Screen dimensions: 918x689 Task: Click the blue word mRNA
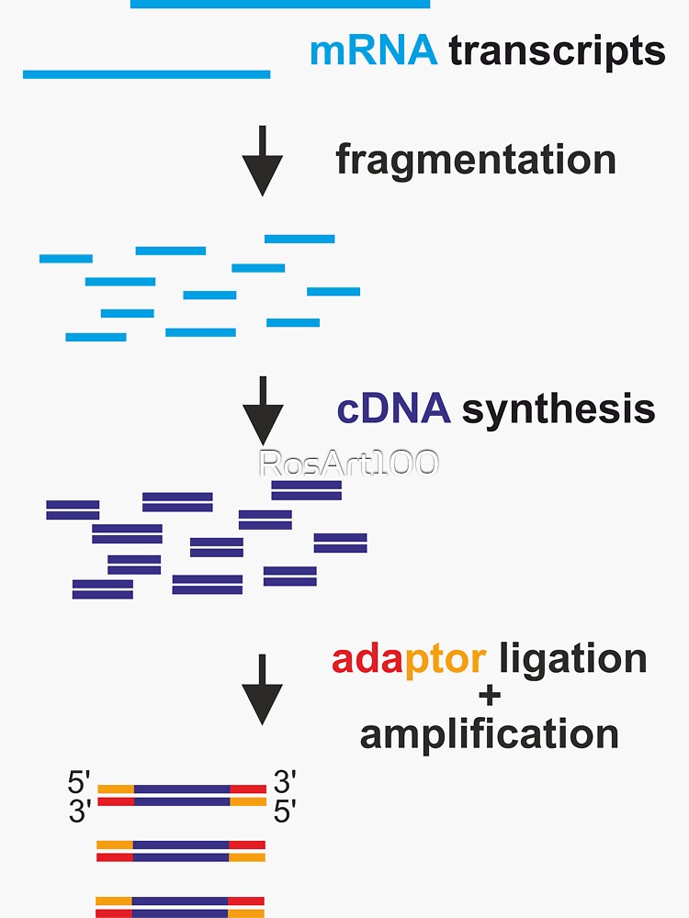pos(373,50)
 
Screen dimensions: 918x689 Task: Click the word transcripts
pos(557,51)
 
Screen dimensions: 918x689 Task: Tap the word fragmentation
pos(475,160)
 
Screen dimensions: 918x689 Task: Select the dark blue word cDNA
pos(394,409)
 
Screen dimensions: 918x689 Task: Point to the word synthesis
pos(559,409)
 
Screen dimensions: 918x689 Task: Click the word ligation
pos(572,659)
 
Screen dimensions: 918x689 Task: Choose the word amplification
pos(489,734)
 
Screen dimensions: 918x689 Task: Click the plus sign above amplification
pos(490,697)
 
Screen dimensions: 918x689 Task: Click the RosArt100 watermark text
pos(349,464)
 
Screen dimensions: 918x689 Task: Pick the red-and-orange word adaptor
pos(409,659)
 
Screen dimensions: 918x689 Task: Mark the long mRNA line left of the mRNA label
pos(146,74)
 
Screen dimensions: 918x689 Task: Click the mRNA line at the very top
pos(280,5)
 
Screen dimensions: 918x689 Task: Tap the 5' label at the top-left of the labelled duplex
pos(80,783)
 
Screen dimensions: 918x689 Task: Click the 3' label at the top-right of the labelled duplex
pos(285,783)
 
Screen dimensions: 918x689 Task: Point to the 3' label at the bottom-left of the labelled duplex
pos(81,812)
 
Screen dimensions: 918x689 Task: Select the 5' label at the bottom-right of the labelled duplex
pos(285,812)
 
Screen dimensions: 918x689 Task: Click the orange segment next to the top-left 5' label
pos(116,789)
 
